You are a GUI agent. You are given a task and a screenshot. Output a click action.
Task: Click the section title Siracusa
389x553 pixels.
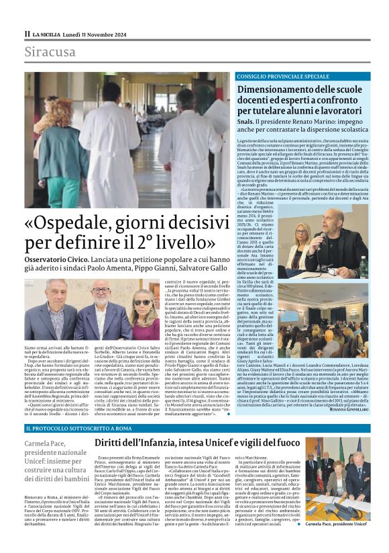pyautogui.click(x=50, y=52)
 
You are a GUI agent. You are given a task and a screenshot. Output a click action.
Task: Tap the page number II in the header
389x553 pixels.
pyautogui.click(x=27, y=33)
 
